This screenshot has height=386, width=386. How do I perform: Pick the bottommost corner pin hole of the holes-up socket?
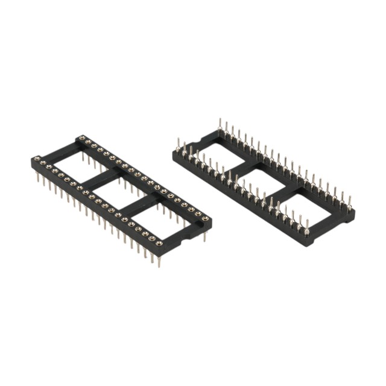(159, 244)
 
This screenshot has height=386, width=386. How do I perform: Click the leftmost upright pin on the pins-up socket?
(179, 145)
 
